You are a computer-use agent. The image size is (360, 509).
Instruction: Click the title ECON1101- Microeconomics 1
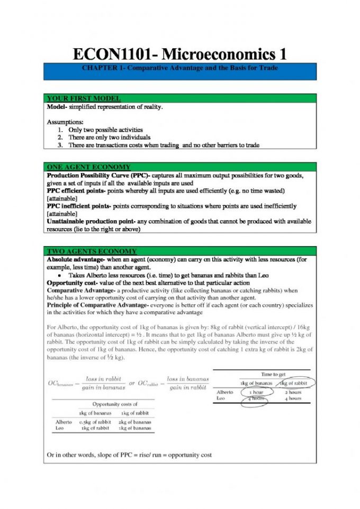(x=180, y=54)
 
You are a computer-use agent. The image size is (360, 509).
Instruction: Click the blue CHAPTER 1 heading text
(x=180, y=68)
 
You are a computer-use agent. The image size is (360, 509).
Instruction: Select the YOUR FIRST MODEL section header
(x=84, y=98)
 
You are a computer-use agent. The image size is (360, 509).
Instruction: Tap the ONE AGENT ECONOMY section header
(x=89, y=167)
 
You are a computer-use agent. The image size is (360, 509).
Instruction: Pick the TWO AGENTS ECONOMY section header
(x=92, y=251)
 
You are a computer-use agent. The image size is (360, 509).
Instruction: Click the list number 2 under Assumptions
(x=60, y=137)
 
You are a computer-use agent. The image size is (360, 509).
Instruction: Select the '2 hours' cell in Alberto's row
(x=293, y=393)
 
